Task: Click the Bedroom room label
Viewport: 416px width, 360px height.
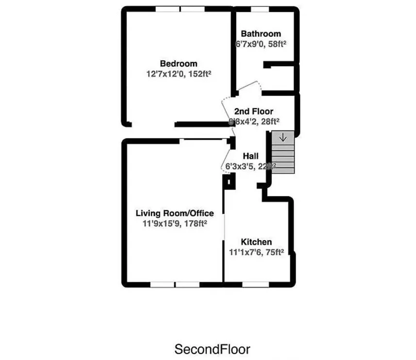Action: [x=179, y=64]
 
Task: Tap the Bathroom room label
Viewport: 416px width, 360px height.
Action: [x=261, y=34]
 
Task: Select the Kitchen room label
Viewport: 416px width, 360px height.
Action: [x=256, y=242]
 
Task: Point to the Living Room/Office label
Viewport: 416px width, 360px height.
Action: [x=174, y=213]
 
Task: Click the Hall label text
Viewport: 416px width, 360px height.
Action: [x=250, y=156]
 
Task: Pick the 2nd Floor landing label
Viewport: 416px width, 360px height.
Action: [x=253, y=112]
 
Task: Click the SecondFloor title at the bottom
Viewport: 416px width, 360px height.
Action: [x=212, y=349]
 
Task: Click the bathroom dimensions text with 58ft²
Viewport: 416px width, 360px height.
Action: [x=261, y=44]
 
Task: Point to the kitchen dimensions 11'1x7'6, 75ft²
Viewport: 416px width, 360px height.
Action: [x=256, y=252]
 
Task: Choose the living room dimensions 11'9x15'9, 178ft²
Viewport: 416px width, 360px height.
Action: [x=174, y=224]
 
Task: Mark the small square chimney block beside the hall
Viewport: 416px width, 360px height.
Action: [x=229, y=181]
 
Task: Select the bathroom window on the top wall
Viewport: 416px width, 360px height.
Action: [x=260, y=9]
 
